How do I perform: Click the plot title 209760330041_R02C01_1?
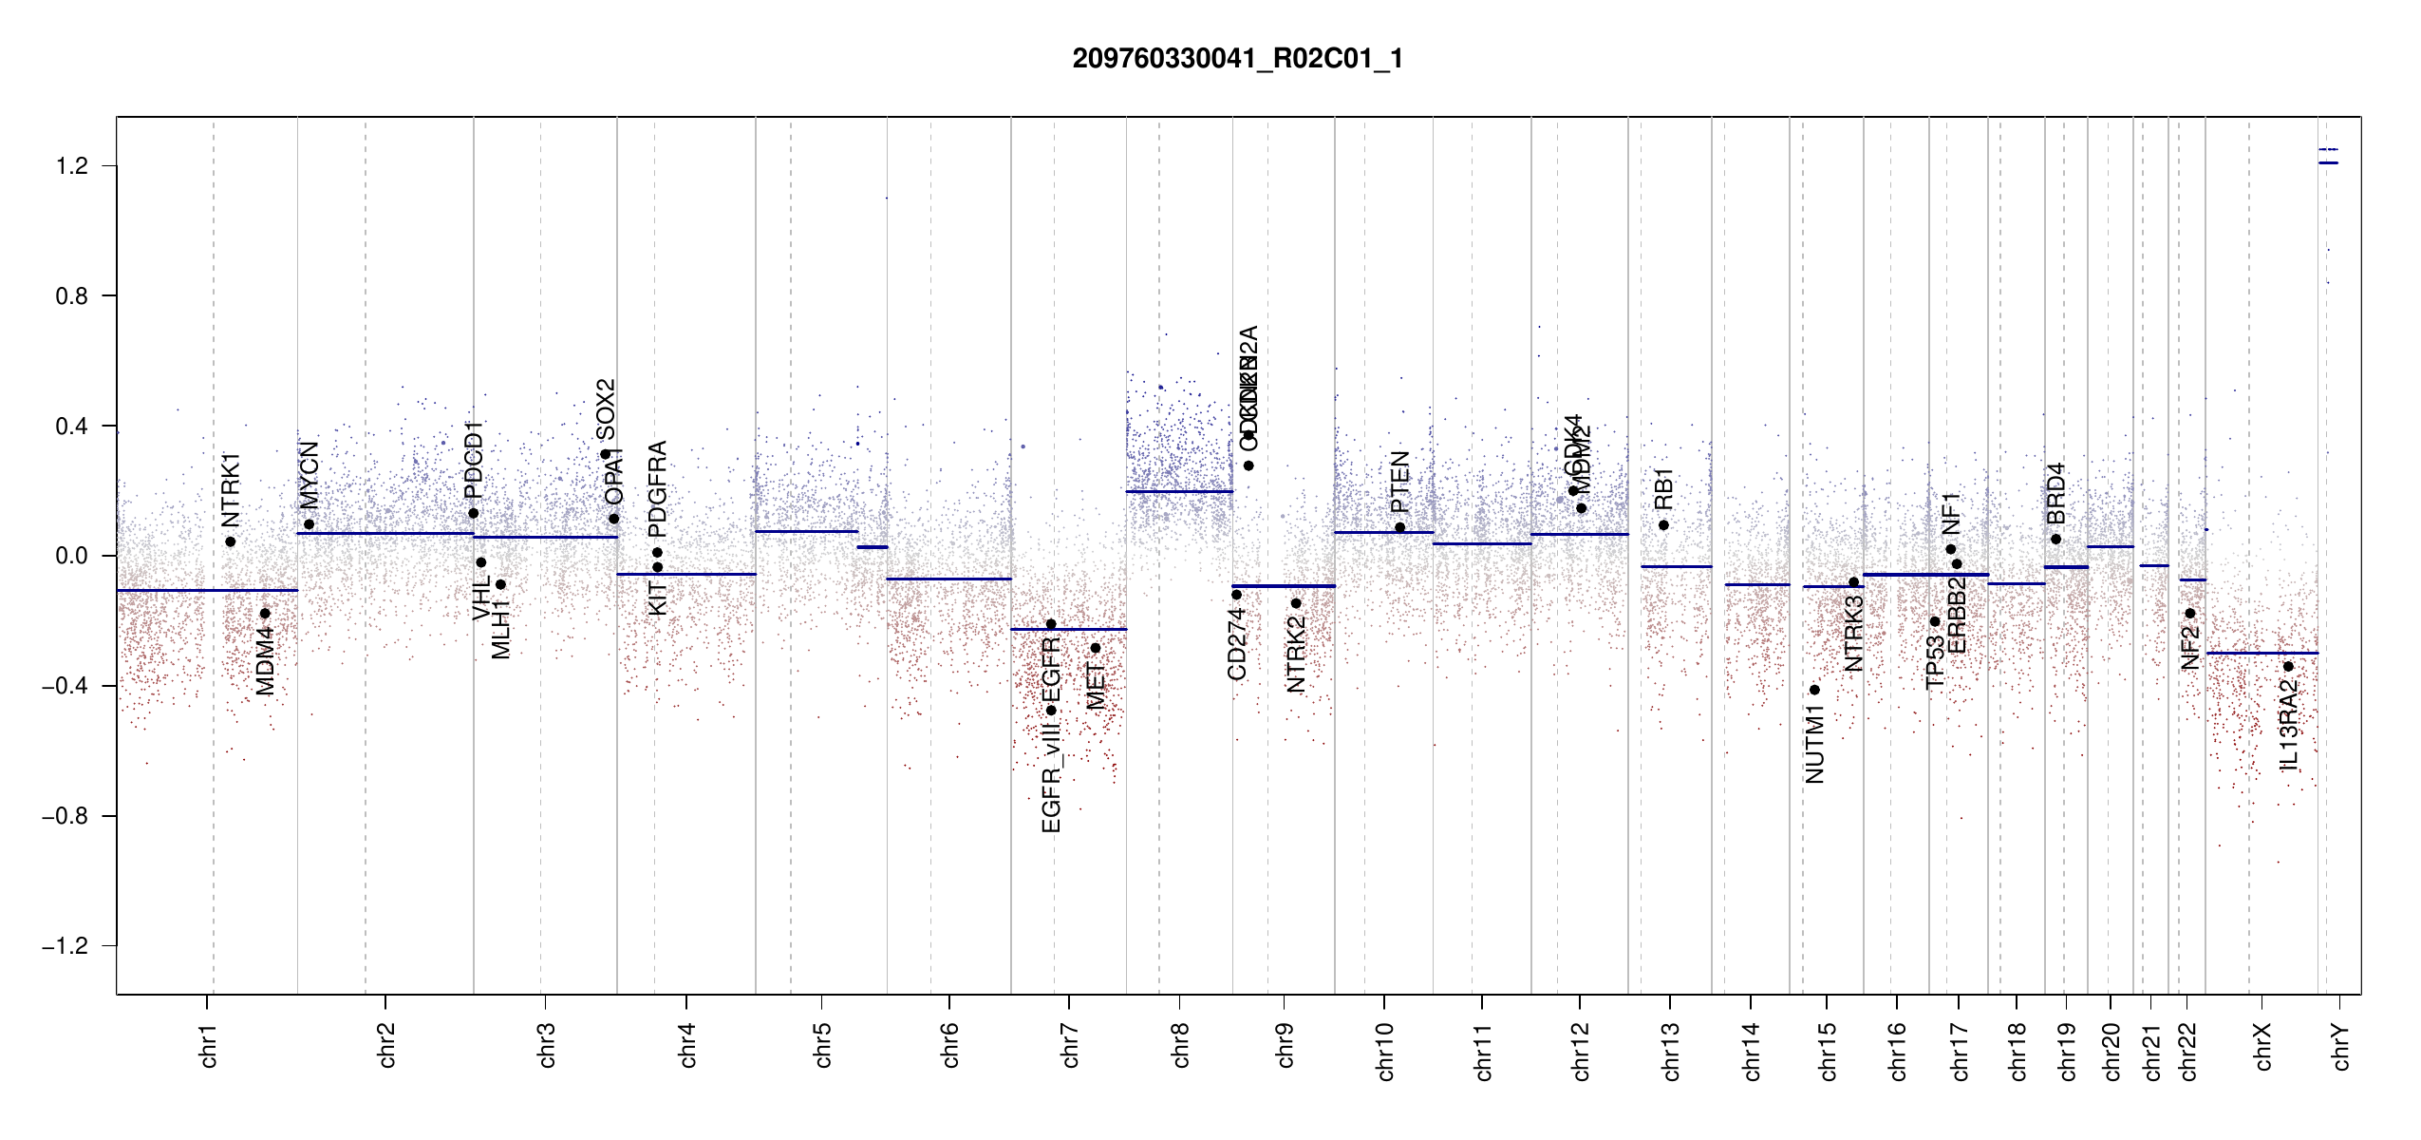click(x=1237, y=59)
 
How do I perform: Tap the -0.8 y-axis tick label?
click(x=65, y=816)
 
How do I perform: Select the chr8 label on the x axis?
click(x=1181, y=1045)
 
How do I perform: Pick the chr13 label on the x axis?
click(x=1671, y=1051)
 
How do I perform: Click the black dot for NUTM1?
click(x=1814, y=690)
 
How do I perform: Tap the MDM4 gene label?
click(x=266, y=661)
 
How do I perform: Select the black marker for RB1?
click(x=1663, y=525)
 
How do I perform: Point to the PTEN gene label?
click(x=1400, y=482)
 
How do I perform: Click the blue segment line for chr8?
click(x=1179, y=491)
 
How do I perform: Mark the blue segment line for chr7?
click(x=1068, y=629)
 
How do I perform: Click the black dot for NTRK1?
click(x=231, y=541)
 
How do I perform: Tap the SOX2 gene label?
click(x=606, y=408)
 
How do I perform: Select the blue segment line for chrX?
click(x=2261, y=654)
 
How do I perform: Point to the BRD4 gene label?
click(x=2056, y=494)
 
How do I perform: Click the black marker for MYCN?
click(x=309, y=524)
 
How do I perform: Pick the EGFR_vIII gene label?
click(x=1051, y=776)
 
